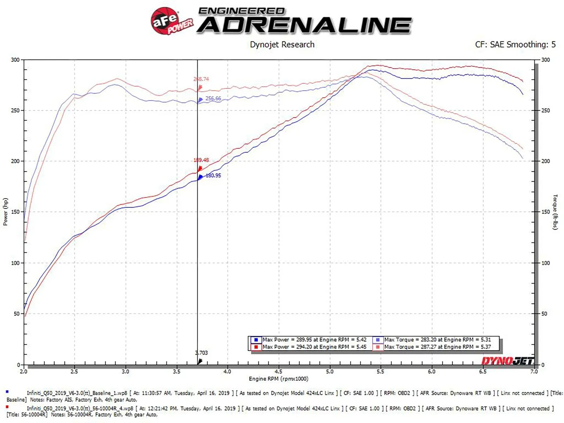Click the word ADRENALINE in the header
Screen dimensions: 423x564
(304, 25)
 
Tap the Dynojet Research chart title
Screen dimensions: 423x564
(282, 45)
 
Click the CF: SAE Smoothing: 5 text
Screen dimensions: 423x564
(515, 45)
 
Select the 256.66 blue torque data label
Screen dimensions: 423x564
(213, 99)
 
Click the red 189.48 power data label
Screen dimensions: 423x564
(201, 160)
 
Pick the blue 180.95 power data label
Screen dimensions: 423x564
(213, 176)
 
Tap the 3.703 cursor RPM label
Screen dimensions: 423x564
(202, 353)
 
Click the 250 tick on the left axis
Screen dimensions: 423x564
(15, 111)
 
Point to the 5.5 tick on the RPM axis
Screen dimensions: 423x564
(380, 372)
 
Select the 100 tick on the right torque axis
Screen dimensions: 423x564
(545, 263)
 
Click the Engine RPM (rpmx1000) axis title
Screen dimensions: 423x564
(278, 379)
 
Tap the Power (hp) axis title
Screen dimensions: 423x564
(5, 211)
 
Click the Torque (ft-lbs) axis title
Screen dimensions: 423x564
(555, 212)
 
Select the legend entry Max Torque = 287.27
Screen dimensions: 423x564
(437, 347)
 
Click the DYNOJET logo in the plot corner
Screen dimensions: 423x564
(508, 361)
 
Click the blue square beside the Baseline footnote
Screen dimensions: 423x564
(7, 392)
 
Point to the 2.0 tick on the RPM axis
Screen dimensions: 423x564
(24, 372)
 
